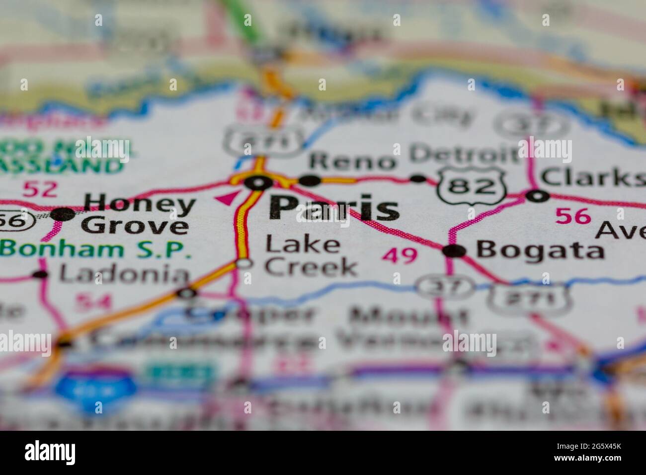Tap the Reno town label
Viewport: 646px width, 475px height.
[352, 161]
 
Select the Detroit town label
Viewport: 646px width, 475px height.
[463, 155]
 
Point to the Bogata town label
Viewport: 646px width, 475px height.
[540, 251]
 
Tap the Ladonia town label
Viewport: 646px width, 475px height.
[124, 274]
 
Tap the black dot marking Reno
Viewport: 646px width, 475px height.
[310, 180]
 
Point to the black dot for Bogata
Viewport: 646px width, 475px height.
[455, 251]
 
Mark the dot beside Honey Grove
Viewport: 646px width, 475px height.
[63, 215]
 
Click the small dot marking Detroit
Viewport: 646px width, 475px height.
[419, 178]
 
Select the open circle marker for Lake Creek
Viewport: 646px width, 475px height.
[243, 264]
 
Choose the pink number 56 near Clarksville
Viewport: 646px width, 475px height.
[573, 216]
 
